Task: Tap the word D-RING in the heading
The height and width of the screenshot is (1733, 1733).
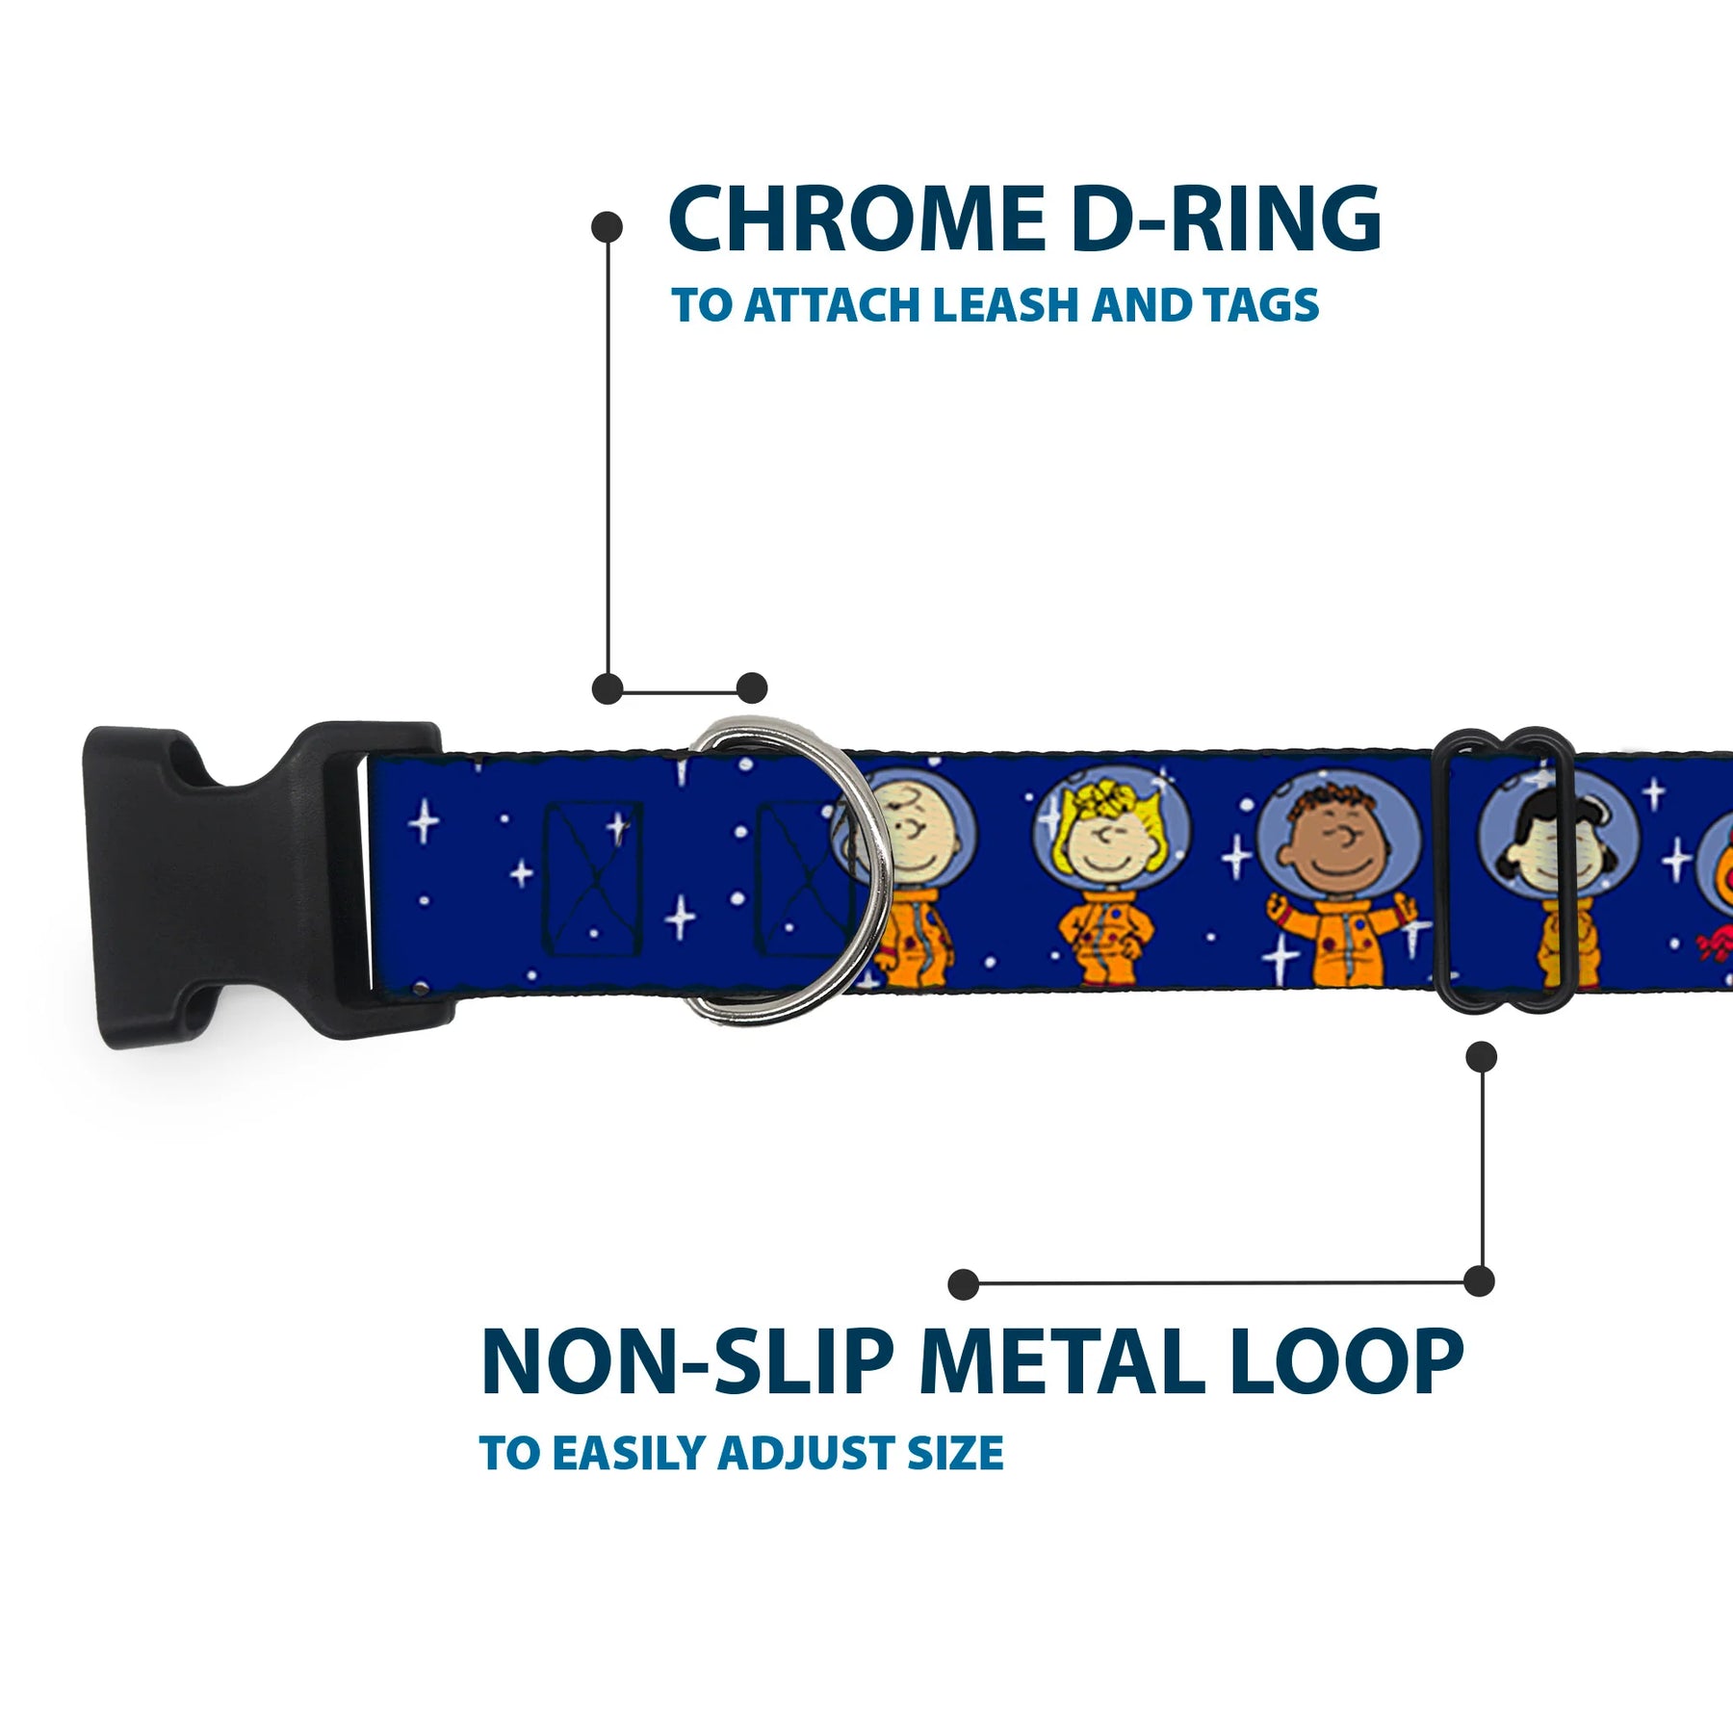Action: pyautogui.click(x=1226, y=220)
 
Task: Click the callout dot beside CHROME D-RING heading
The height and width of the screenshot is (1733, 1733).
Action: pyautogui.click(x=607, y=228)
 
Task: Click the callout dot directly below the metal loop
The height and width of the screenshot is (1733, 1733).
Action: pyautogui.click(x=1481, y=1056)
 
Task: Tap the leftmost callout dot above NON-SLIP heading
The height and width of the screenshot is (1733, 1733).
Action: pyautogui.click(x=963, y=1283)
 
